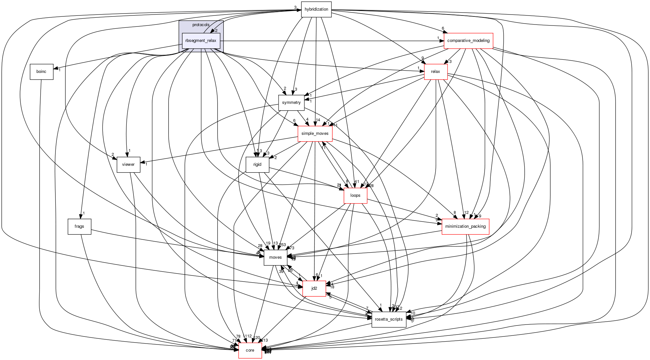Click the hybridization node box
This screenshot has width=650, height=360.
click(x=316, y=9)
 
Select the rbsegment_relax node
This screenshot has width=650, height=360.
click(x=201, y=41)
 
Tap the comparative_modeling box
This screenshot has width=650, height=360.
click(x=468, y=41)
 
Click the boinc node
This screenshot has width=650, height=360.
click(x=41, y=72)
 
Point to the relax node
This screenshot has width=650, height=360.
click(x=435, y=72)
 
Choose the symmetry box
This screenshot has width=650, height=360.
click(x=291, y=103)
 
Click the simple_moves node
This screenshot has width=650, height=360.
click(x=315, y=134)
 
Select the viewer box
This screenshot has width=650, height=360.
click(x=128, y=165)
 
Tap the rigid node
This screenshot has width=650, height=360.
click(x=257, y=165)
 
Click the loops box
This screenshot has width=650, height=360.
click(x=355, y=195)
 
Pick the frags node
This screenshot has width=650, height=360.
click(x=79, y=226)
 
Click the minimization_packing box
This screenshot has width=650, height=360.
click(x=465, y=226)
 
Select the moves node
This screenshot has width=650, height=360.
click(x=275, y=257)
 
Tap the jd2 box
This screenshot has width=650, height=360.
click(x=314, y=288)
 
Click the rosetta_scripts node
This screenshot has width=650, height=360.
click(x=389, y=319)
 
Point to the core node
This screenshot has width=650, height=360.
click(x=250, y=350)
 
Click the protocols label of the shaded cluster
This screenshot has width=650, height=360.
click(x=201, y=25)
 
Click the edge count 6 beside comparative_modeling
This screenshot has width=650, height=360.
click(x=443, y=28)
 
